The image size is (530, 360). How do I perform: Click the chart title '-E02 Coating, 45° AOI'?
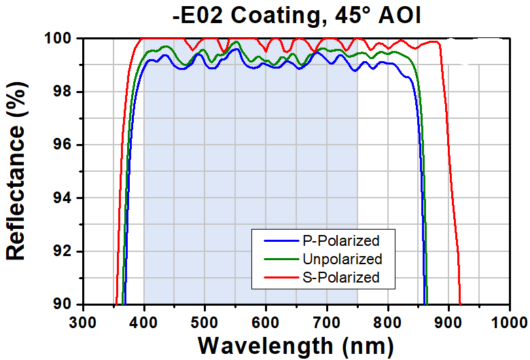[296, 15]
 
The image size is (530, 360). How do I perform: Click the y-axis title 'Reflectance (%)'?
[16, 170]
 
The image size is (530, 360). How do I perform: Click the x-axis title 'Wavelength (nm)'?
[296, 346]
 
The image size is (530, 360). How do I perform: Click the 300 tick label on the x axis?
[83, 322]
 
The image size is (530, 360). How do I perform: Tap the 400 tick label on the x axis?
[144, 322]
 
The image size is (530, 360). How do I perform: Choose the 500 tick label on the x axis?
[205, 322]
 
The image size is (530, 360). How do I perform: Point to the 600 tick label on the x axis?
[266, 322]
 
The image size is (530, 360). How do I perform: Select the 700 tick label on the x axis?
[327, 322]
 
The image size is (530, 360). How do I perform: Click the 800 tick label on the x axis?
[388, 322]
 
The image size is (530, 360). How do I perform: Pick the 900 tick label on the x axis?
[448, 322]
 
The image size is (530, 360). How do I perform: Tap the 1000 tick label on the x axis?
[510, 322]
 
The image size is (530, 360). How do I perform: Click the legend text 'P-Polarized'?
[341, 241]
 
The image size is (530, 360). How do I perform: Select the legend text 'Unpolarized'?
[342, 259]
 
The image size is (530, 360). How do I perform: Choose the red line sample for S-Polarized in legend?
[281, 278]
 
